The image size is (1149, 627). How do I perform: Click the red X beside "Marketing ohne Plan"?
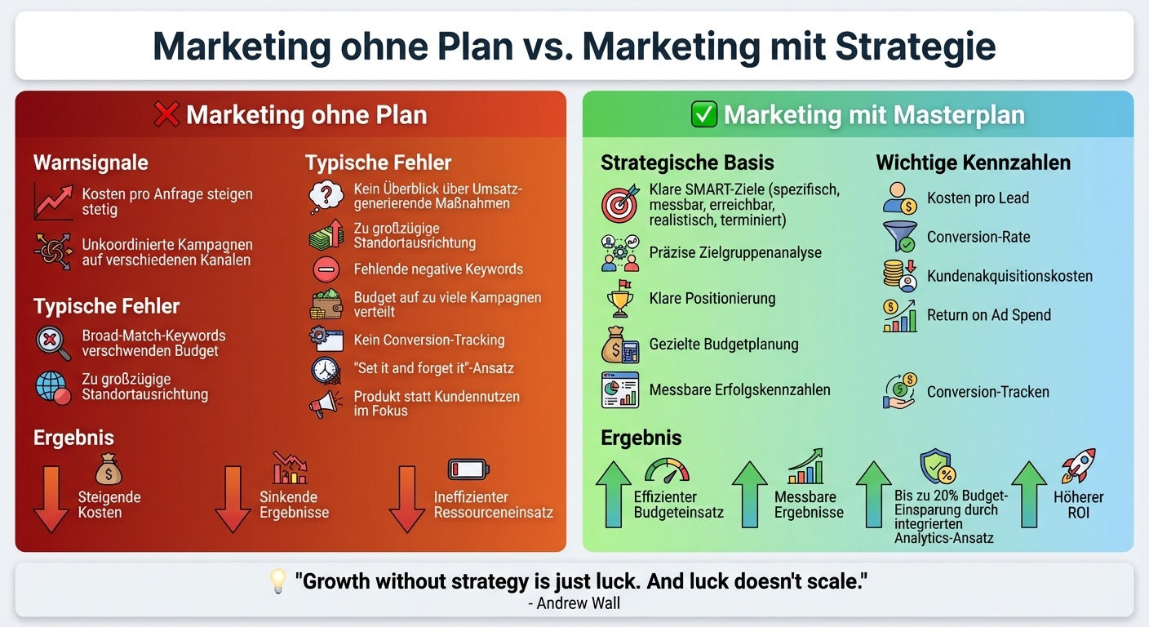pos(166,114)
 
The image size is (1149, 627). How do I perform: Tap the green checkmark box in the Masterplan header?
pos(703,114)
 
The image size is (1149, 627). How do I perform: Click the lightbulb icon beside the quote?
pos(278,581)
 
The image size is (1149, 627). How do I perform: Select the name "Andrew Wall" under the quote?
pos(578,603)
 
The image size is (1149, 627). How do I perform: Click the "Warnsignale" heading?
pos(91,162)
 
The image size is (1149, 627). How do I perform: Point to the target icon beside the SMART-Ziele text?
pos(620,203)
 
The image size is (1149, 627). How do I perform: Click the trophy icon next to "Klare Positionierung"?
pos(619,299)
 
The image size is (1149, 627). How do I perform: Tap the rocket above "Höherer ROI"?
pos(1078,466)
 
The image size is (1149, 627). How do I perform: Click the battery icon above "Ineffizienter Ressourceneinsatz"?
pos(468,469)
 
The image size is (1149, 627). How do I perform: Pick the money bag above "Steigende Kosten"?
pos(109,469)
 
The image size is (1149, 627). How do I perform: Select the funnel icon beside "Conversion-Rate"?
pos(900,237)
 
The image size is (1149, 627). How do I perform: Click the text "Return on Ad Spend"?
pos(989,315)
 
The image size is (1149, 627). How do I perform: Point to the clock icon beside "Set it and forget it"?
pos(326,371)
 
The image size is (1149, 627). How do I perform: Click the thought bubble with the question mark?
pos(326,197)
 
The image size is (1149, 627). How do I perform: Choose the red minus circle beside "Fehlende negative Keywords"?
pos(326,269)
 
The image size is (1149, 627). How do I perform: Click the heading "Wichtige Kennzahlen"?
pos(973,162)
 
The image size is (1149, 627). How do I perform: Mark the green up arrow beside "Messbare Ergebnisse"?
pos(749,495)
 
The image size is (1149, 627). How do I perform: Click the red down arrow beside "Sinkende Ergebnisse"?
pos(233,500)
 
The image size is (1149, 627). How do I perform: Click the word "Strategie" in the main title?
pos(916,47)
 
